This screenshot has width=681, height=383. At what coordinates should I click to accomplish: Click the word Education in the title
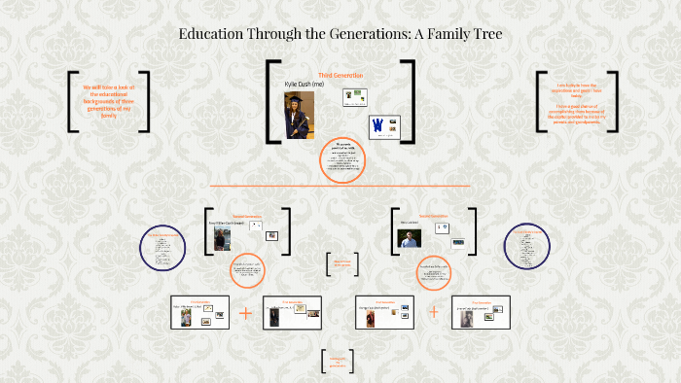coord(213,34)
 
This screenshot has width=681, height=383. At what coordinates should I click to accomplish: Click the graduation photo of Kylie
coord(299,115)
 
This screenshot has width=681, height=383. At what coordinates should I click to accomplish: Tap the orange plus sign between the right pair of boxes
coord(433,312)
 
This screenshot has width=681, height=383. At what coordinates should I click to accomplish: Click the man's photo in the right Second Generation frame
coord(410,237)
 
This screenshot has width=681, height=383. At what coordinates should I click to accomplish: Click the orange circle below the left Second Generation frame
coord(247,271)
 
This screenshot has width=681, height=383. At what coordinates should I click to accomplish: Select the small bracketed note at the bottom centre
coord(337,361)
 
